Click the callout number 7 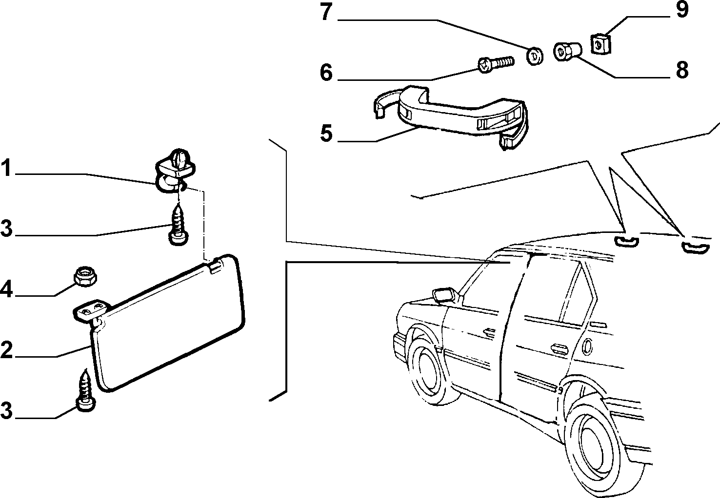tap(326, 12)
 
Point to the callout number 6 tap(326, 72)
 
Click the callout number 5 tap(326, 133)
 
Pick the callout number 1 tap(6, 168)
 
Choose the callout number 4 tap(6, 289)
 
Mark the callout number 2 tap(6, 350)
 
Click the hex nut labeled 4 tap(85, 276)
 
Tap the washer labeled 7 tap(535, 56)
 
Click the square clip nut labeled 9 tap(601, 45)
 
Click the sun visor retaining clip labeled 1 tap(175, 170)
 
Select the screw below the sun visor tap(85, 390)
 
